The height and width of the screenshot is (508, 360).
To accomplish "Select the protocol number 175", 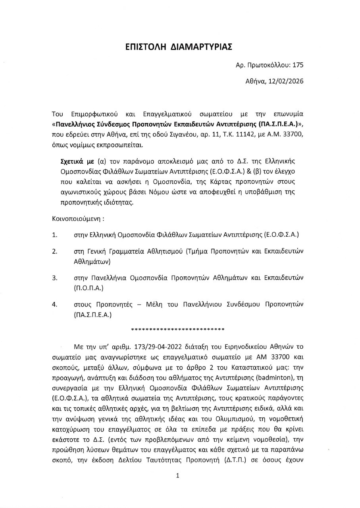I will pos(297,66).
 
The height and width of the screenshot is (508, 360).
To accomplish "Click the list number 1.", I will pos(54,235).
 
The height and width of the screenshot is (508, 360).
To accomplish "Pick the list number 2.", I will pos(54,251).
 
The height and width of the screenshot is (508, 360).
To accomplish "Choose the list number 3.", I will pos(54,277).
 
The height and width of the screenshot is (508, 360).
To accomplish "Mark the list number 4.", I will pos(54,305).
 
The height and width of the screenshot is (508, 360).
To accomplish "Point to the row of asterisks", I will pos(177,329).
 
